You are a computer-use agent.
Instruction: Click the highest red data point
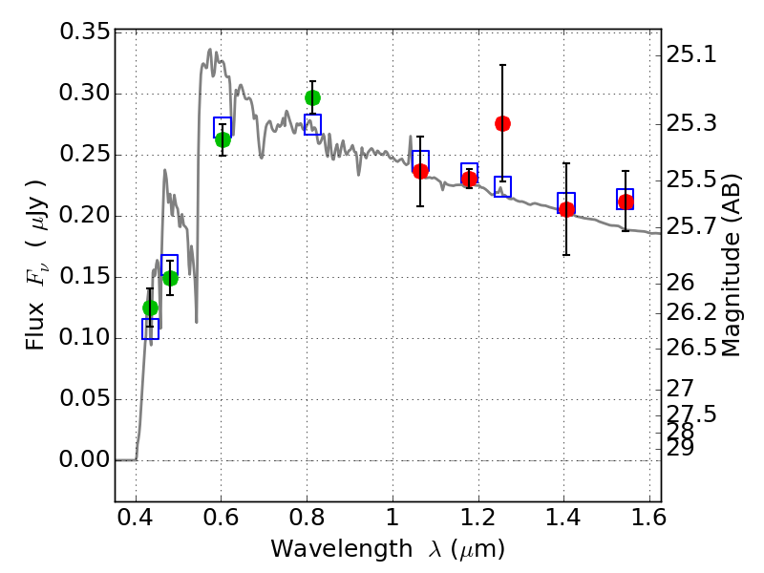[502, 123]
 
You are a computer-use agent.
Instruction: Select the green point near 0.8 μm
[312, 97]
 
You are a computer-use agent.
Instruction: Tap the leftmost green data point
[150, 308]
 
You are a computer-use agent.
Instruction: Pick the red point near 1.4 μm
[566, 209]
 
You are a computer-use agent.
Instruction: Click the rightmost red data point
[626, 202]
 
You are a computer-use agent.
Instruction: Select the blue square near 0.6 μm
[223, 128]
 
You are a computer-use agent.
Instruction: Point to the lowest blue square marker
[150, 329]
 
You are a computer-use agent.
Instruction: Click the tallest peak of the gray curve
[210, 50]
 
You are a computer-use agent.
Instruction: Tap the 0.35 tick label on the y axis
[85, 32]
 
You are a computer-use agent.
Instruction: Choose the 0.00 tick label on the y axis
[85, 460]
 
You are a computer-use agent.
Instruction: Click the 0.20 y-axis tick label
[85, 216]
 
